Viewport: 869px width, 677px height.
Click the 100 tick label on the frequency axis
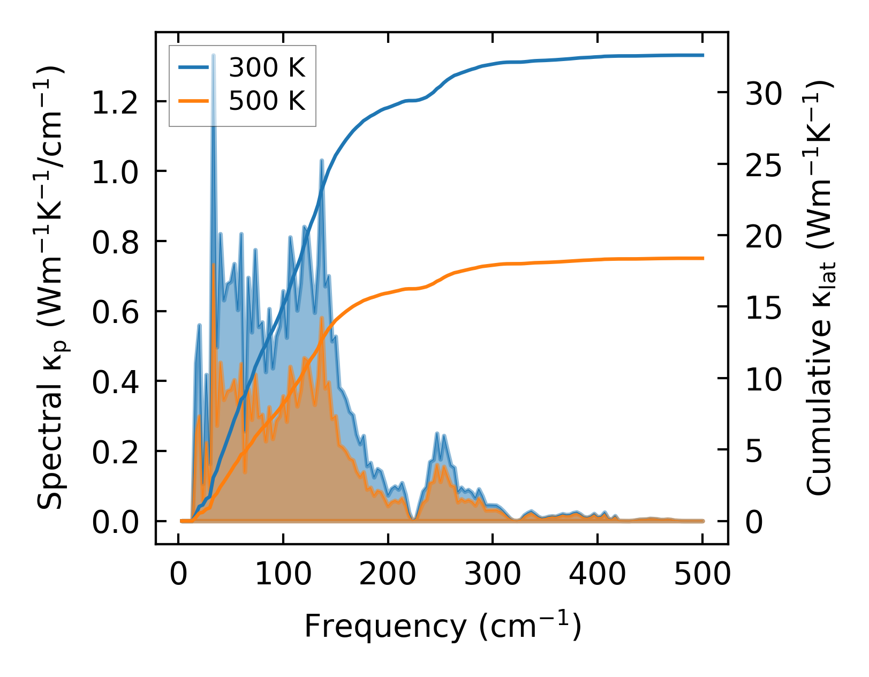[x=283, y=575]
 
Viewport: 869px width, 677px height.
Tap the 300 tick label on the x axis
[x=492, y=575]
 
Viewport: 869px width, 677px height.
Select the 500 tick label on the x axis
[x=702, y=575]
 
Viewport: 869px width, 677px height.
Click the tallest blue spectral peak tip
[x=214, y=55]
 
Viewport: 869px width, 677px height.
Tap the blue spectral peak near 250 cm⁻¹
[x=437, y=433]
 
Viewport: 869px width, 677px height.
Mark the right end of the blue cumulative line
[x=702, y=55]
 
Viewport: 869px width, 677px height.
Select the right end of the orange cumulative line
[x=702, y=258]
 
